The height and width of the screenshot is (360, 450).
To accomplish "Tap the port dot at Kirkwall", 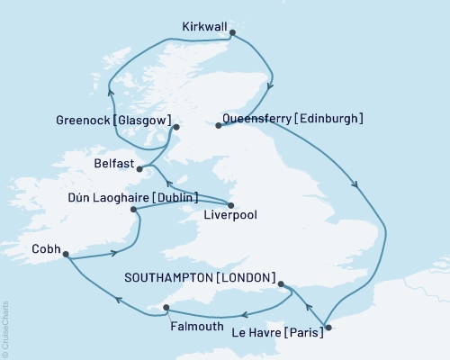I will point(233,33).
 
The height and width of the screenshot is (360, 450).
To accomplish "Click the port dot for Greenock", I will point(175,128).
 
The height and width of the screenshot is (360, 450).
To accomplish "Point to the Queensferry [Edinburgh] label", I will point(300,118).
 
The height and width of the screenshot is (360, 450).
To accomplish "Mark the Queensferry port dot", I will point(218,125).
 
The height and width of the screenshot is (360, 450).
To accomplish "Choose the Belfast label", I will point(113,165).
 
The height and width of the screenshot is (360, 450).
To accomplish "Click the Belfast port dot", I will point(139,167).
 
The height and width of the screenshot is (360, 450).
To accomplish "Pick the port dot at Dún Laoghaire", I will point(134,210).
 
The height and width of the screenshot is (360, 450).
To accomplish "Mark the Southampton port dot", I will point(282,285).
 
